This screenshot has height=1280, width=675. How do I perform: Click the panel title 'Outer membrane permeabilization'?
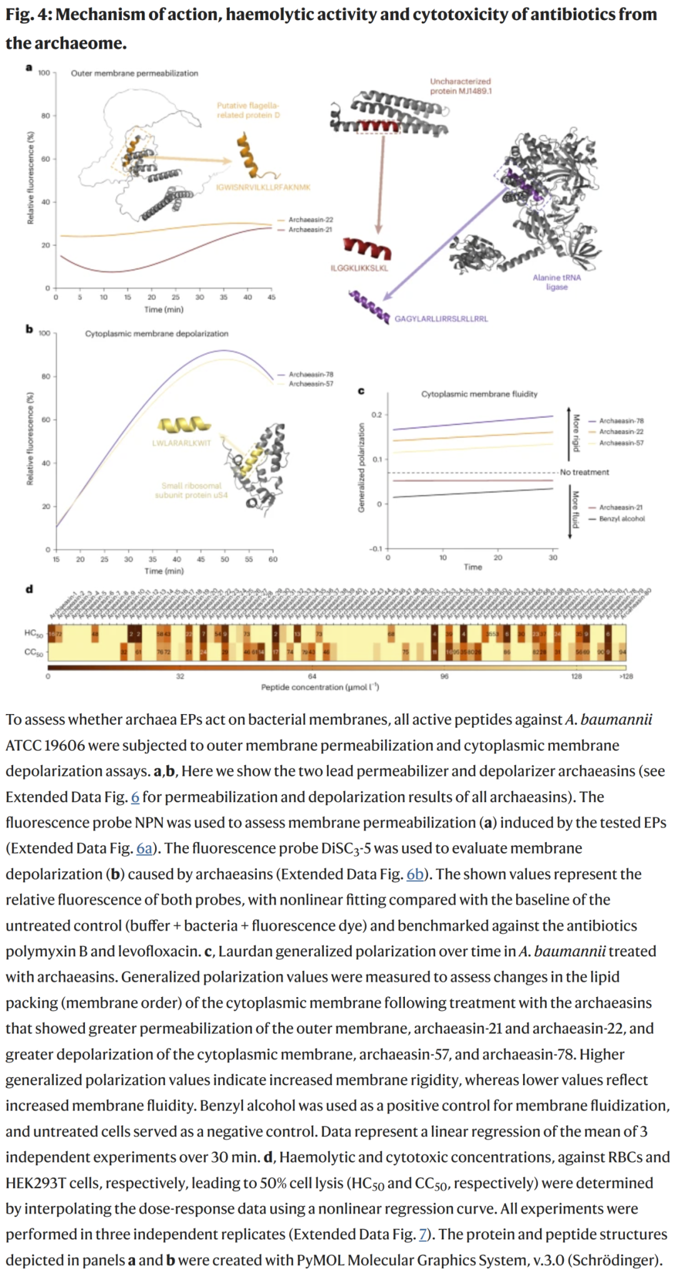click(134, 73)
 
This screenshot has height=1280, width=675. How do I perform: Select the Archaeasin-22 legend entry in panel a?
click(310, 220)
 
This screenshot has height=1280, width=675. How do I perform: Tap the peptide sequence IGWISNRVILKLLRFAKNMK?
click(263, 187)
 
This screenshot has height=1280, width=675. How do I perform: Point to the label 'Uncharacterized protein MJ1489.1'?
click(461, 86)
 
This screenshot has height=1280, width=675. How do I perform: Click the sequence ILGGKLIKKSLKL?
click(359, 268)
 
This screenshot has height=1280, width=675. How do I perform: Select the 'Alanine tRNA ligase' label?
click(556, 282)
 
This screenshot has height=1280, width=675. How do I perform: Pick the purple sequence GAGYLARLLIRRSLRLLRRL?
click(441, 319)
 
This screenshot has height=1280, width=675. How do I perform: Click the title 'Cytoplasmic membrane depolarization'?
click(157, 334)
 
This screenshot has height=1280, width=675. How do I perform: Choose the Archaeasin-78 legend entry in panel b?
click(311, 374)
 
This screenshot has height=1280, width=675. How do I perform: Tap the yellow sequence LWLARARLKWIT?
click(182, 443)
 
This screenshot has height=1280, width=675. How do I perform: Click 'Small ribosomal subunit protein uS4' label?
click(191, 490)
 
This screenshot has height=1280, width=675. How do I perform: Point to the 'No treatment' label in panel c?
click(584, 472)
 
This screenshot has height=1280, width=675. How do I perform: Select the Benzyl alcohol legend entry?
click(621, 518)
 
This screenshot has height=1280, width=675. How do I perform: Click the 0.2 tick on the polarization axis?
click(376, 415)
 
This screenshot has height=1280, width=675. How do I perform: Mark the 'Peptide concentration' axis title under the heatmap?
click(320, 687)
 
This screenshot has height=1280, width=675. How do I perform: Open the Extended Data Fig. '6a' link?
click(144, 848)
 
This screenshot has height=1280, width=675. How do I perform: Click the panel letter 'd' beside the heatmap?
click(29, 589)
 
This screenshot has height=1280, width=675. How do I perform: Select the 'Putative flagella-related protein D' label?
click(248, 110)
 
